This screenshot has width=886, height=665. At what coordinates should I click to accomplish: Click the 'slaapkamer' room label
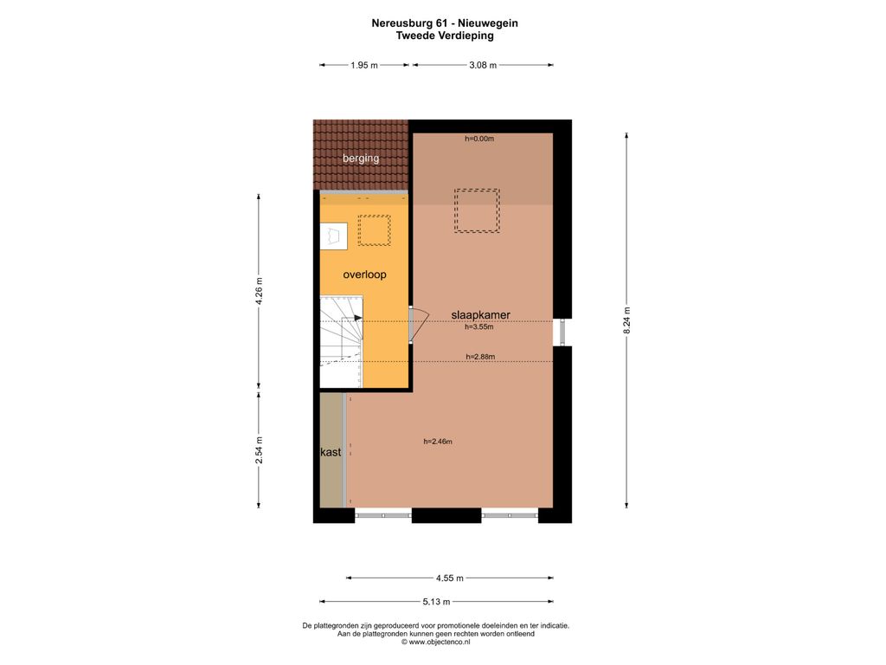coord(480,315)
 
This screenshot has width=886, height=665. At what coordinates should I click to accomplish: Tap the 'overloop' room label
coord(364,274)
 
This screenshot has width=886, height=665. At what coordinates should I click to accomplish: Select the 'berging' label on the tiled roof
coord(361,158)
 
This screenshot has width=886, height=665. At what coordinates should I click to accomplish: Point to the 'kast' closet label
coord(331,452)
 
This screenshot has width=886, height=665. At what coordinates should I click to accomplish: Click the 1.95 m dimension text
coord(364,65)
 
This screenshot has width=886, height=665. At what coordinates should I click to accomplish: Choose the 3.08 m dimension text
coord(483,65)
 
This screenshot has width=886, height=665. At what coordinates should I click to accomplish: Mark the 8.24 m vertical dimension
coord(626,320)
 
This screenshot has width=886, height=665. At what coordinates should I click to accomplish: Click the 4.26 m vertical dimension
coord(259,291)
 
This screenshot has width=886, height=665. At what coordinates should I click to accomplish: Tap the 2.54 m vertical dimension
coord(259,450)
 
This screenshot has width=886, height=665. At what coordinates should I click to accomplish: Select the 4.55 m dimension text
coord(450,578)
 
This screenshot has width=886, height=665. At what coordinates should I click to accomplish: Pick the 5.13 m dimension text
coord(436,602)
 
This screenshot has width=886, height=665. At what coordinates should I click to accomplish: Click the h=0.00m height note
coord(479,139)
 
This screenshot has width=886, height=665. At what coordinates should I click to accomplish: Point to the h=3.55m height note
coord(479,326)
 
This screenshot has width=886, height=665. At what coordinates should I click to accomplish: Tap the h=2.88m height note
coord(480,357)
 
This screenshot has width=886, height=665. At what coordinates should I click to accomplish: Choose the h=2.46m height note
coord(438,442)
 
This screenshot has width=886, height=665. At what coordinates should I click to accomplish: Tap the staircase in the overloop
coord(341,341)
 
